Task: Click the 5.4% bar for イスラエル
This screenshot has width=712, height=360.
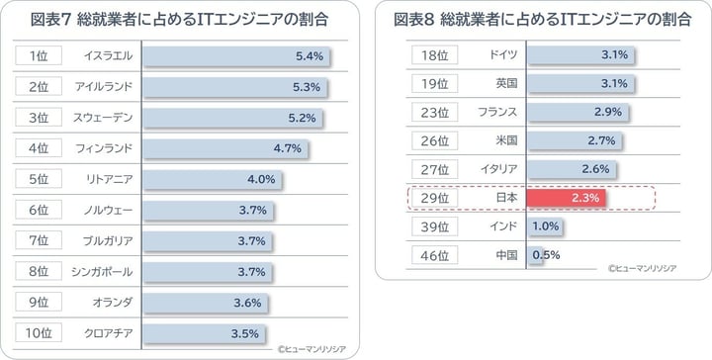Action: click(x=235, y=56)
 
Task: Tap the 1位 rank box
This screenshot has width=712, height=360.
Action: click(x=39, y=56)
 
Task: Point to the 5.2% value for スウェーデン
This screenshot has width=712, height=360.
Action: click(x=301, y=118)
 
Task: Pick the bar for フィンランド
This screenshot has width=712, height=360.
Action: click(x=224, y=148)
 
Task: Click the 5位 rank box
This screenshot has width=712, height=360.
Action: click(x=39, y=179)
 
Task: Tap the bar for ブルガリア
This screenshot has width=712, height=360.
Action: click(x=205, y=240)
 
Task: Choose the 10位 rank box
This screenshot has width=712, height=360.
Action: click(x=39, y=332)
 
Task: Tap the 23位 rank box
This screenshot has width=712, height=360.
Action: click(x=435, y=112)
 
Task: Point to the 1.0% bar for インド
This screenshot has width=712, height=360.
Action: click(x=545, y=226)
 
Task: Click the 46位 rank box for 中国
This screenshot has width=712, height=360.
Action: click(x=435, y=255)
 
